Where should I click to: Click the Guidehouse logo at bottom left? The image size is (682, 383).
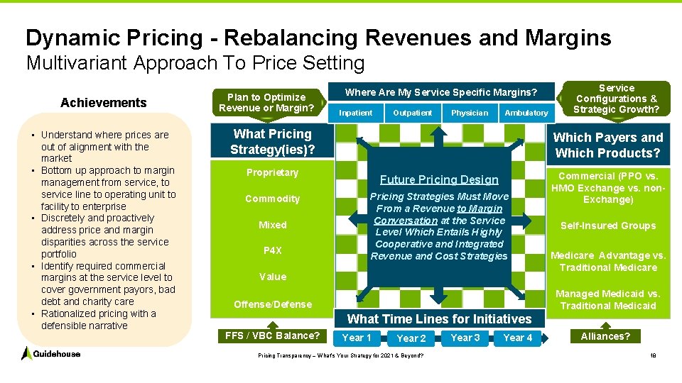(50, 353)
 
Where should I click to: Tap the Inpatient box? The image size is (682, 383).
(356, 113)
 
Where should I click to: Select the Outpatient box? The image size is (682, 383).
(413, 113)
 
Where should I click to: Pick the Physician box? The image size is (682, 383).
(470, 113)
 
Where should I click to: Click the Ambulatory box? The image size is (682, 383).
(526, 113)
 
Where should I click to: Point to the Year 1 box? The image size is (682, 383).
(357, 338)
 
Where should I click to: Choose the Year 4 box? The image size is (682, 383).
(518, 338)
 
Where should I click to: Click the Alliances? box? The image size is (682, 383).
(605, 336)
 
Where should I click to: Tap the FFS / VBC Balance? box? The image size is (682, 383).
(272, 335)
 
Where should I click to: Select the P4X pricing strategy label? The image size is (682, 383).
(273, 250)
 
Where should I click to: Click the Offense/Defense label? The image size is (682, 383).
(273, 304)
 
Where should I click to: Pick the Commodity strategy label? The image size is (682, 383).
(273, 199)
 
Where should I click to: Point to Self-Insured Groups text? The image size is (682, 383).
(608, 226)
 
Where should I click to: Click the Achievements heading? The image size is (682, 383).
(104, 103)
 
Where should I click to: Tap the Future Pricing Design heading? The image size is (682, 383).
(439, 179)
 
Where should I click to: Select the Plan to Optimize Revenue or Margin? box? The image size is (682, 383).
(266, 103)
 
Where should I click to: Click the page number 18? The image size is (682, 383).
(652, 355)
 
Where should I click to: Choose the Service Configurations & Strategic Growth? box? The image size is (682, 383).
(616, 99)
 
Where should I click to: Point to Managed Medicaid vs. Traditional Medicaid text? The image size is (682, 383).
(608, 299)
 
